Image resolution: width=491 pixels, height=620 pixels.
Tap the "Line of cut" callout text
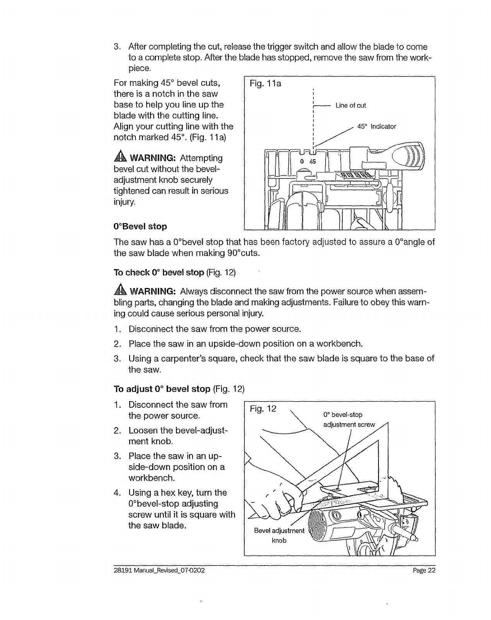tap(351, 106)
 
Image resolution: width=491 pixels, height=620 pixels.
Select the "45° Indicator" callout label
tap(377, 126)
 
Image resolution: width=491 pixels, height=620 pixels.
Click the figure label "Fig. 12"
tap(263, 409)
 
